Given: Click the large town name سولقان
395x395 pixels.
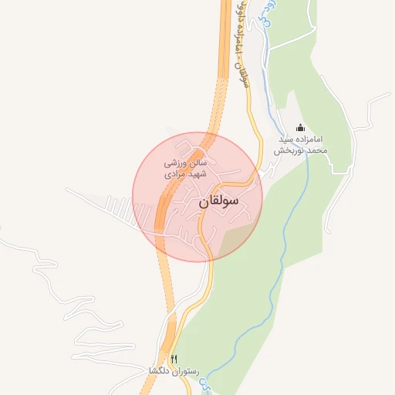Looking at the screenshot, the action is click(x=219, y=202).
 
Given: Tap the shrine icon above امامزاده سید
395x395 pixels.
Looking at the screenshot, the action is click(x=300, y=128).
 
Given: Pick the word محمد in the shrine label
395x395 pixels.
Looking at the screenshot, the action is click(x=319, y=151).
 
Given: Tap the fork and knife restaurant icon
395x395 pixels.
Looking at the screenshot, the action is click(x=174, y=359).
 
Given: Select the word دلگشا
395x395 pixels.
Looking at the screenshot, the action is click(x=159, y=371).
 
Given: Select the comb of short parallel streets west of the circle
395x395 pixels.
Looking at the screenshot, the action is click(x=116, y=206).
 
